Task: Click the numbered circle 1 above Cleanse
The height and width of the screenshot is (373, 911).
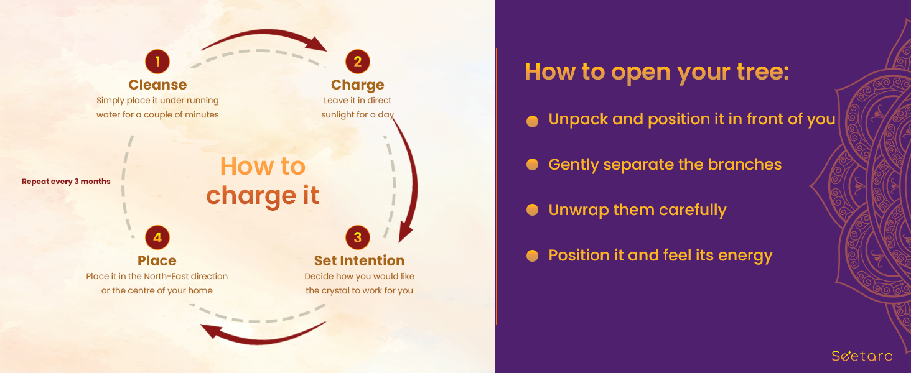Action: pyautogui.click(x=157, y=62)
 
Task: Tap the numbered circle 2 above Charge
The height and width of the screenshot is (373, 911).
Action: pyautogui.click(x=357, y=62)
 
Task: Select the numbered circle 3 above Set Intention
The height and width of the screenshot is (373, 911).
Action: pyautogui.click(x=357, y=237)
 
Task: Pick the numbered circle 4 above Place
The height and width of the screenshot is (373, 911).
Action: pyautogui.click(x=157, y=237)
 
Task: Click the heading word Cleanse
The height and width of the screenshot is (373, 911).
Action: pyautogui.click(x=158, y=85)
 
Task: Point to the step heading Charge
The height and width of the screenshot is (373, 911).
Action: pyautogui.click(x=357, y=85)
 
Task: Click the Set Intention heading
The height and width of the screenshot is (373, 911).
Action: pyautogui.click(x=359, y=260)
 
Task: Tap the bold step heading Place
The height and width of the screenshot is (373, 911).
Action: pyautogui.click(x=157, y=260)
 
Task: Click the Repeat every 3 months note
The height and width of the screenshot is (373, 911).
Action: pyautogui.click(x=66, y=182)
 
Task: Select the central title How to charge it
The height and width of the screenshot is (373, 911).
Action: pyautogui.click(x=263, y=182)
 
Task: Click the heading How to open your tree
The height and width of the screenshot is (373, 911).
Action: pyautogui.click(x=657, y=72)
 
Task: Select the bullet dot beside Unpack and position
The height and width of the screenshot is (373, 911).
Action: pyautogui.click(x=533, y=121)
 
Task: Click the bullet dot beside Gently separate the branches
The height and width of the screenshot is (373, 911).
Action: pyautogui.click(x=533, y=165)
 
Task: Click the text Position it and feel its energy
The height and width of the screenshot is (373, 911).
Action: pyautogui.click(x=660, y=256)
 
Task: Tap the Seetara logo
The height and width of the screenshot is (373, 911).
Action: pyautogui.click(x=862, y=356)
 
